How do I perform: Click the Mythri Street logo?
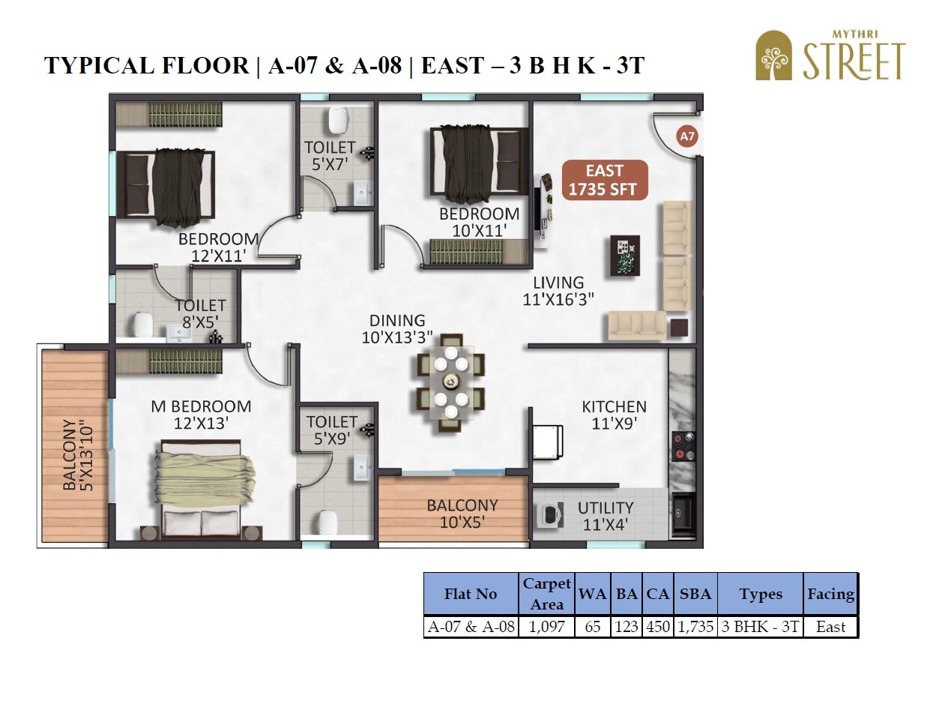click(830, 55)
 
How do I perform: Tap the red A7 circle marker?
click(686, 136)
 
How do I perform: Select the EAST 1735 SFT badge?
click(604, 180)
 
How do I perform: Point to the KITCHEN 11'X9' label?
click(614, 415)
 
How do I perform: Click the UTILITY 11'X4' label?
click(606, 516)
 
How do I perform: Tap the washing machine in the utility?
click(551, 514)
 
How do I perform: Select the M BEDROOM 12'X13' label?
click(201, 415)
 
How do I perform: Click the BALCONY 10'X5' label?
click(462, 514)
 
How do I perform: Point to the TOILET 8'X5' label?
click(200, 313)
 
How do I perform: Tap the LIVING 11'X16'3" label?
click(558, 291)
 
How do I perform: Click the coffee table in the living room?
click(625, 256)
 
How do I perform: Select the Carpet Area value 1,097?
click(546, 627)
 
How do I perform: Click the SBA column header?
click(695, 594)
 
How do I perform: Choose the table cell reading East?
click(830, 627)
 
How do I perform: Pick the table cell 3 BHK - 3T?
click(760, 627)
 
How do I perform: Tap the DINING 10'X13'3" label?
click(397, 328)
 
